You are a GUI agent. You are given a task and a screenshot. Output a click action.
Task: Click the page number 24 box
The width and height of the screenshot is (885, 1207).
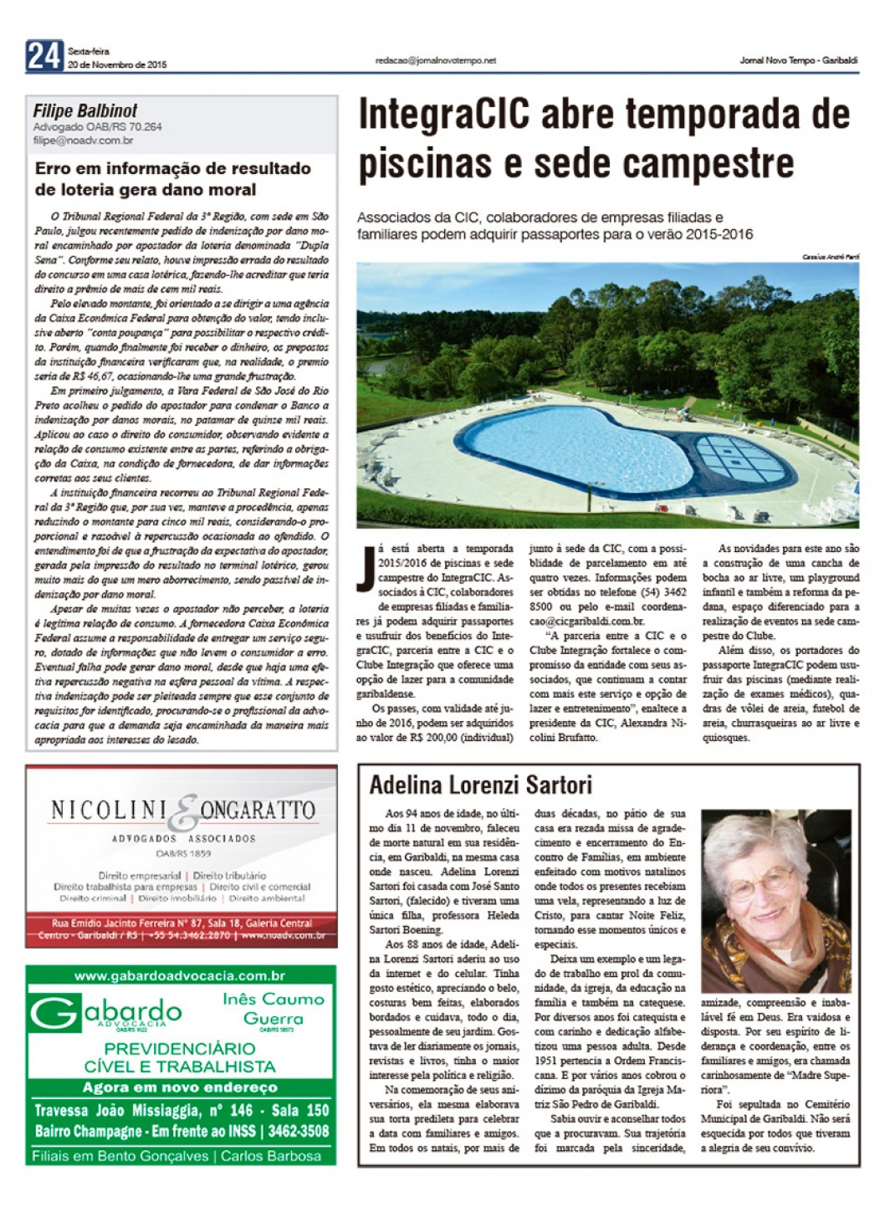coord(44,56)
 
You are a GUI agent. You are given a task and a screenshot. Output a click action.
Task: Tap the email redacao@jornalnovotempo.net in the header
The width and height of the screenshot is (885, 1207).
coord(436,61)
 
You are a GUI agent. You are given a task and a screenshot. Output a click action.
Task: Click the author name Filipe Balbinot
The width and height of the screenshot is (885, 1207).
coord(85,111)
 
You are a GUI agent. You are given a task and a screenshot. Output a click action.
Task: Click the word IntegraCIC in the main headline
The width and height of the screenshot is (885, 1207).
coord(443,115)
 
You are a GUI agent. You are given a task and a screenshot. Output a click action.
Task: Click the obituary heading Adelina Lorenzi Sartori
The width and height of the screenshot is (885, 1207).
coord(480,785)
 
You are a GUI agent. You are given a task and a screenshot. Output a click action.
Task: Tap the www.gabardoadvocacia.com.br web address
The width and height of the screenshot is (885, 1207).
coord(180,975)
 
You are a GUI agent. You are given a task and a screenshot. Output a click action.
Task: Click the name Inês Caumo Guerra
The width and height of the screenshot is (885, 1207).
coord(273,1009)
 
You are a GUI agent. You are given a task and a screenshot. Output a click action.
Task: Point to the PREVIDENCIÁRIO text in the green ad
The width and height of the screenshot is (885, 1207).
coord(180,1048)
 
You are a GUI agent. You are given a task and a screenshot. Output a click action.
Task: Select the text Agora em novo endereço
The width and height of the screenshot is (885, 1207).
coord(180,1087)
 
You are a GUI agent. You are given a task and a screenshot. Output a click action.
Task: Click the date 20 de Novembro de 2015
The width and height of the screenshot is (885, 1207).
coord(117,64)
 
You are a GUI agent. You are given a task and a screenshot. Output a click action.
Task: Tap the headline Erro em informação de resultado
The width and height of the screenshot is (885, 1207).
coord(173,168)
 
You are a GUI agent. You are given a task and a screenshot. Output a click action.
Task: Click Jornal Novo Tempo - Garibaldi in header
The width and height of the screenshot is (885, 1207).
coord(799,60)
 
